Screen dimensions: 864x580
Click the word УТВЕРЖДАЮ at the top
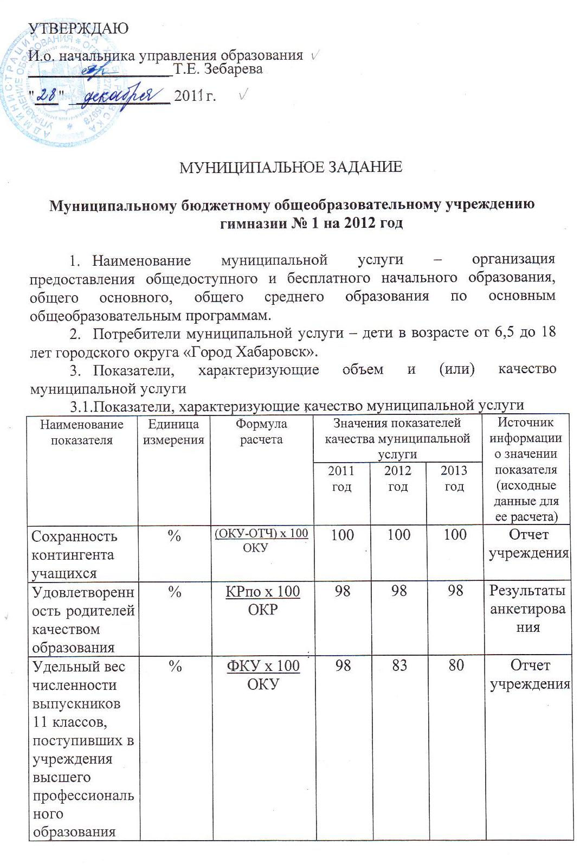coord(78,28)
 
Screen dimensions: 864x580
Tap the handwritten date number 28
coord(49,95)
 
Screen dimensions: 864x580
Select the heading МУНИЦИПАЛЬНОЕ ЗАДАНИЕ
coord(291,167)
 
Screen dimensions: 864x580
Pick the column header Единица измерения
coord(173,432)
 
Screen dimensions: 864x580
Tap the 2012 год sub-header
coord(398,478)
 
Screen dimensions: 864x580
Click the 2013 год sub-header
coord(454,478)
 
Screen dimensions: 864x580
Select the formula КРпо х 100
coord(263,591)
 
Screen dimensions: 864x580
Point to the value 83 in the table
coord(399,665)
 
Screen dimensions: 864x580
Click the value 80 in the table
coord(455,665)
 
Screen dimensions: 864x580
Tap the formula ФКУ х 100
coord(263,665)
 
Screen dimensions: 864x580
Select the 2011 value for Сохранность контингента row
coord(342,535)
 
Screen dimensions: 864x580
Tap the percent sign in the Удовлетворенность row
coord(174,592)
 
